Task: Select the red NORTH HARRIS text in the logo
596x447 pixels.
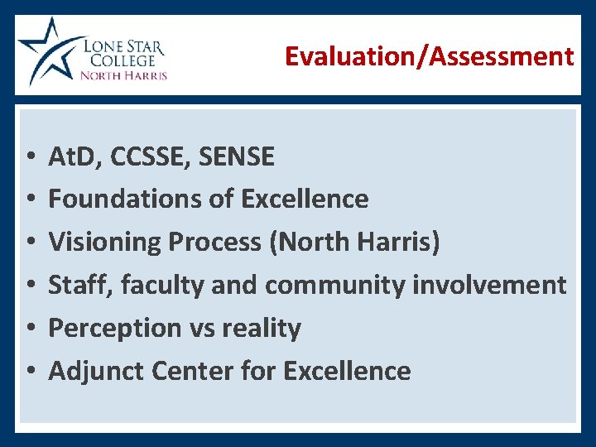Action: (x=123, y=75)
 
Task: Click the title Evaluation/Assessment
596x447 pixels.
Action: (x=429, y=56)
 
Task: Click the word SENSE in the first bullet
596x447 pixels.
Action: (x=238, y=156)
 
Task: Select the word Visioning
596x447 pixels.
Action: (x=105, y=242)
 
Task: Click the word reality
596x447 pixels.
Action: (x=265, y=328)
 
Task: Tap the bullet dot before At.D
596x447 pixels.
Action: (x=28, y=156)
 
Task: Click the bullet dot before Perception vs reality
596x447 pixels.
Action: (x=28, y=329)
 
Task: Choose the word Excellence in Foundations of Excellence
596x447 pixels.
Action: (x=305, y=199)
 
